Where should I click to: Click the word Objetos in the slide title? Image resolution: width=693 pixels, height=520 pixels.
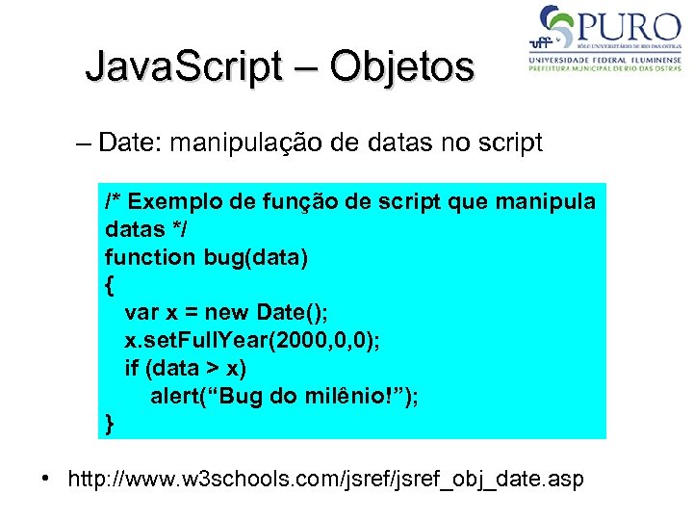pos(402,66)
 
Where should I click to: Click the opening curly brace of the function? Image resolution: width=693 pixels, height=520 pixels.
pos(109,284)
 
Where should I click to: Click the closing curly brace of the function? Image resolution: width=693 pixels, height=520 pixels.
pos(110,424)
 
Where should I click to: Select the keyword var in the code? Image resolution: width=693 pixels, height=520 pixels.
pos(141,312)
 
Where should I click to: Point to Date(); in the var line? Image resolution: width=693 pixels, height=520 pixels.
pos(294,312)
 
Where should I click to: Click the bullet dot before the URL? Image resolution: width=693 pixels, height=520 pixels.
pos(45,479)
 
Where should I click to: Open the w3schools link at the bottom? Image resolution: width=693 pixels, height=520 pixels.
pos(326,479)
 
